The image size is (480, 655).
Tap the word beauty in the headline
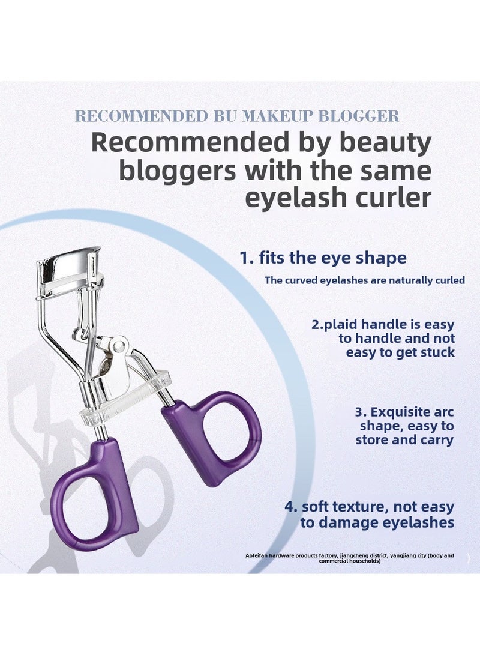click(385, 143)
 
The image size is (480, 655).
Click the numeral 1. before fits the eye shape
click(247, 258)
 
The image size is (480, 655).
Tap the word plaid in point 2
click(338, 325)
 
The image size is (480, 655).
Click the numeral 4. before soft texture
click(292, 507)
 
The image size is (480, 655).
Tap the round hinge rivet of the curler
click(119, 345)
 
